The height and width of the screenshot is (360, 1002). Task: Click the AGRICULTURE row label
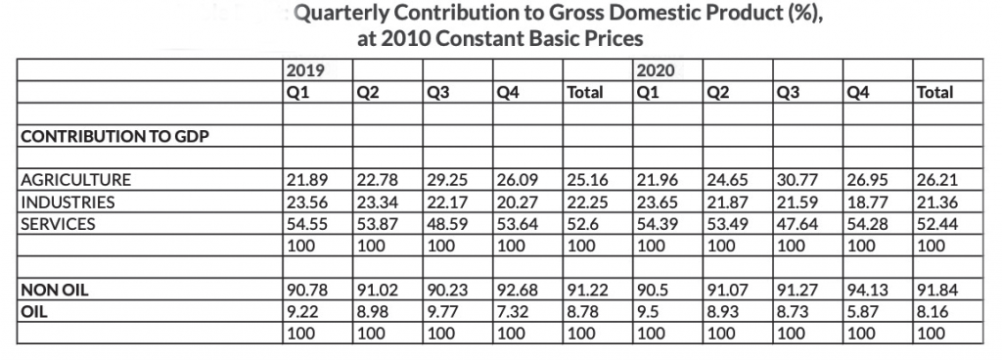click(x=76, y=180)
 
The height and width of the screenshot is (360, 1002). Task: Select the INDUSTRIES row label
click(x=68, y=202)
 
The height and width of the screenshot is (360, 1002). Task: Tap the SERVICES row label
click(x=58, y=224)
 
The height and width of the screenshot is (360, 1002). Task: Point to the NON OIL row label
click(x=55, y=292)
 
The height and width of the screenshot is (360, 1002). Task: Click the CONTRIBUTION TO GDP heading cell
click(x=115, y=137)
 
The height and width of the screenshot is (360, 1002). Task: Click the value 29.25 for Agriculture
click(x=447, y=180)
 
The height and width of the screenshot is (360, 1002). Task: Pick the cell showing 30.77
click(x=797, y=180)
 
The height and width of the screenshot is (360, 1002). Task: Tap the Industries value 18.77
click(x=867, y=202)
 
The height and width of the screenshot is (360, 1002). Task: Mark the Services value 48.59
click(x=447, y=224)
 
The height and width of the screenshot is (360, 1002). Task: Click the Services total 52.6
click(x=582, y=224)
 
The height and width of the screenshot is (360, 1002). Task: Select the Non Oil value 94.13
click(x=867, y=292)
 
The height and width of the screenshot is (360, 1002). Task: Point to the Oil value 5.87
click(x=862, y=313)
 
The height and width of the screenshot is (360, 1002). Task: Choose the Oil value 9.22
click(x=303, y=313)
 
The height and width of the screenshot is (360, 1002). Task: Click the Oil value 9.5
click(x=648, y=313)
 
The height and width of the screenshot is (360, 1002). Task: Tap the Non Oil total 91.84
click(x=937, y=292)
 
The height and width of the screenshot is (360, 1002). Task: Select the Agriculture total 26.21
click(x=937, y=180)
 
